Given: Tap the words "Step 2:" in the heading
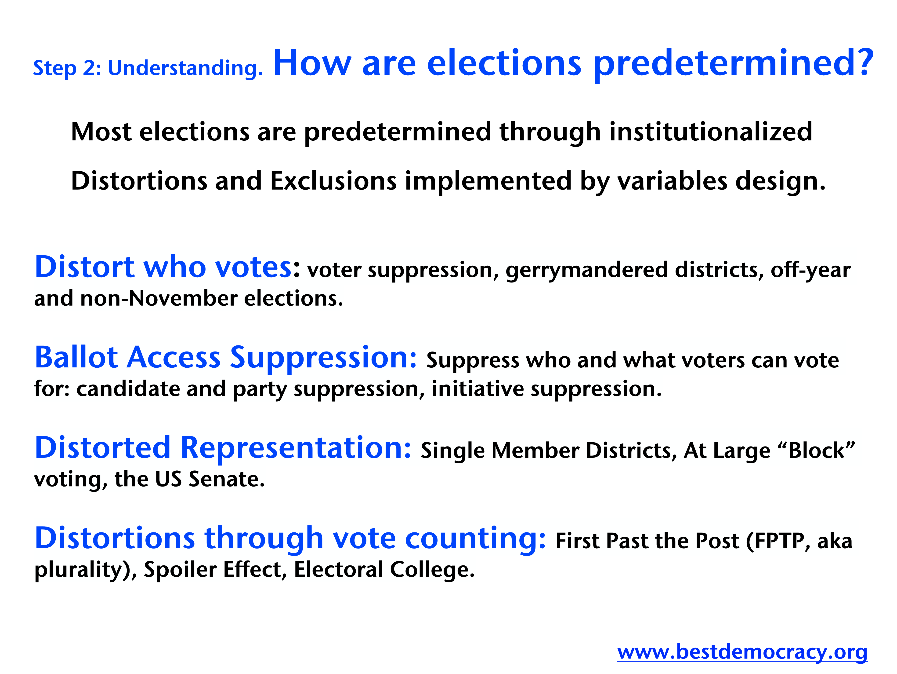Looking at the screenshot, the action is tap(67, 68).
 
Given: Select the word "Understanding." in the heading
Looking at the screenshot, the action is tap(185, 68).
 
